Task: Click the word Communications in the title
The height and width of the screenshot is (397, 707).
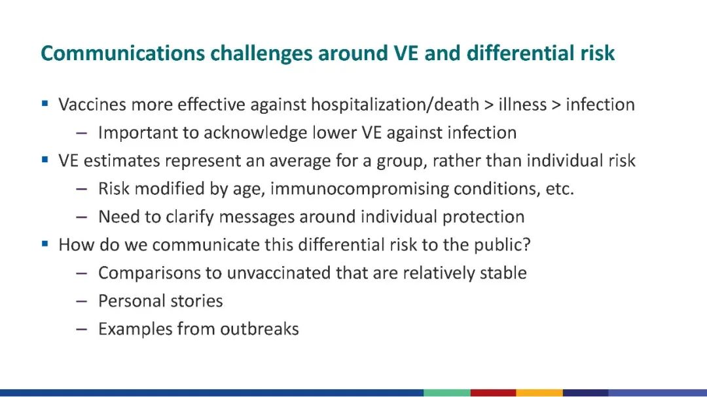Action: (x=122, y=53)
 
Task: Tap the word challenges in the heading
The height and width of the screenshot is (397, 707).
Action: (x=261, y=54)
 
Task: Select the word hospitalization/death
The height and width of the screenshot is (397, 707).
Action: (x=395, y=105)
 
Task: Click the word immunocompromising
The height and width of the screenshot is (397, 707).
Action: (x=360, y=189)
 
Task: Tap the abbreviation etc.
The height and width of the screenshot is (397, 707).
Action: (x=560, y=189)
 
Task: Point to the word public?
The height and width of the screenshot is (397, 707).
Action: (x=502, y=245)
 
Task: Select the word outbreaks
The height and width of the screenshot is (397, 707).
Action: (x=259, y=329)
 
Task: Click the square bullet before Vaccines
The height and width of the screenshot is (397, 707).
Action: (x=45, y=103)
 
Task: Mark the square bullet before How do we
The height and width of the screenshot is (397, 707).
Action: (x=45, y=244)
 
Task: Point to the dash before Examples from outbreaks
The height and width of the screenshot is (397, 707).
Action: (x=82, y=330)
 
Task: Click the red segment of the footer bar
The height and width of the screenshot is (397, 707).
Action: (x=494, y=393)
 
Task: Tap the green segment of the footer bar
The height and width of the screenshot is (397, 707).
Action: (x=447, y=393)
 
